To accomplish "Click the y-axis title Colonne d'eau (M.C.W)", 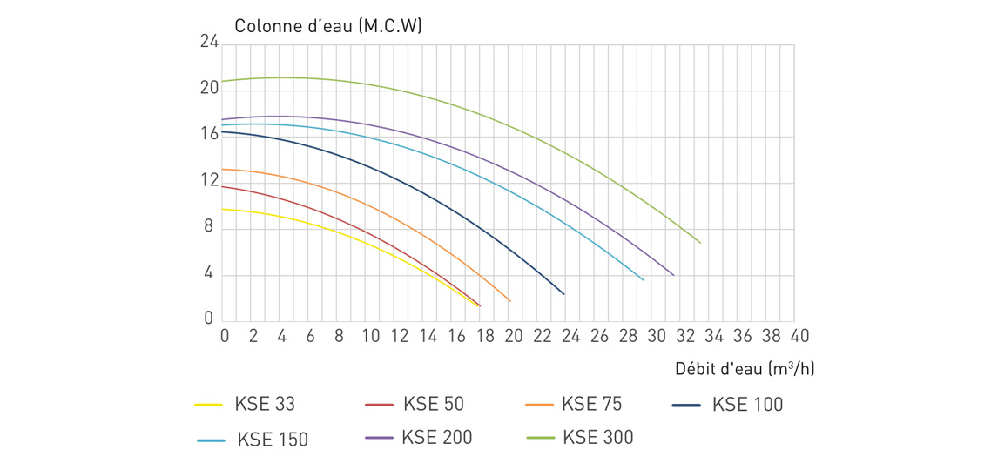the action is (x=328, y=26).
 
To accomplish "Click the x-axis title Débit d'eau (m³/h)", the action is (x=745, y=369).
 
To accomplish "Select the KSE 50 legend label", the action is (x=437, y=403).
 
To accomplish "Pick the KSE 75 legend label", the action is (x=592, y=403).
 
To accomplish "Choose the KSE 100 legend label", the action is (x=748, y=405).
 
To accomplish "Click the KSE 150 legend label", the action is (x=273, y=440).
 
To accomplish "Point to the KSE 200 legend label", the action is (x=437, y=437).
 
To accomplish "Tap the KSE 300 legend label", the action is (x=598, y=437).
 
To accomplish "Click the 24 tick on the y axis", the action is (x=210, y=43).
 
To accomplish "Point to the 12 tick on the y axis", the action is (x=210, y=181).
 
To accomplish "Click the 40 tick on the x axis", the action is (x=799, y=335).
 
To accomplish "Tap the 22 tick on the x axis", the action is (x=541, y=335).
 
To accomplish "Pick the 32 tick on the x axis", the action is (x=684, y=335).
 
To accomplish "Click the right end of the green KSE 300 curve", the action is (x=700, y=243).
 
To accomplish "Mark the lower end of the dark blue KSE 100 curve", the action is (x=563, y=294).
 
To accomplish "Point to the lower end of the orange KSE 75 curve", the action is (x=510, y=301).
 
